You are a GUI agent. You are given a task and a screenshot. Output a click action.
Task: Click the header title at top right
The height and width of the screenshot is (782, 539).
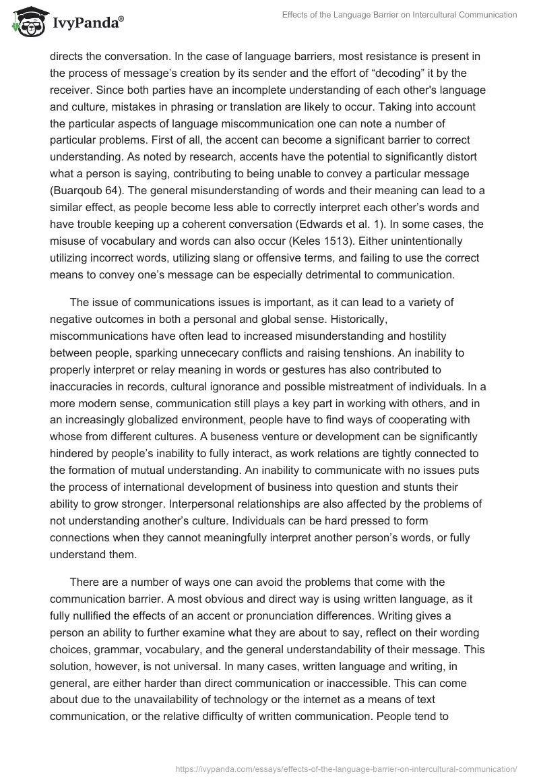pyautogui.click(x=400, y=15)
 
